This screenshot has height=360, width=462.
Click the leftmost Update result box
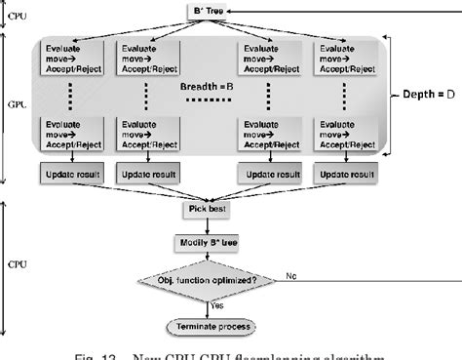(x=69, y=175)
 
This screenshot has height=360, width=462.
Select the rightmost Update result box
(x=343, y=175)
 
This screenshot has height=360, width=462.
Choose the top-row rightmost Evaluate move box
(x=343, y=58)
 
